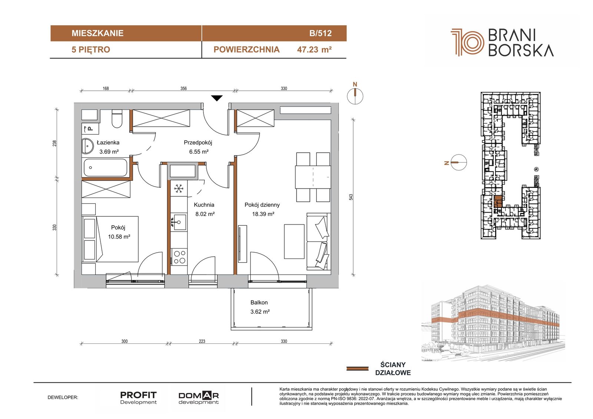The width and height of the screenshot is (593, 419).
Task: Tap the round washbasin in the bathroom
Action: click(87, 146)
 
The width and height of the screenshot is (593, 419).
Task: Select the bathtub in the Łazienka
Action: click(105, 167)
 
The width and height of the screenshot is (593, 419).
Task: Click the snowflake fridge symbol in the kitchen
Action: click(179, 189)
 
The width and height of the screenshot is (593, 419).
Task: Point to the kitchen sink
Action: click(179, 222)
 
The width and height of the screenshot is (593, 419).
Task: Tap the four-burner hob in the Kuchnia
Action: click(179, 257)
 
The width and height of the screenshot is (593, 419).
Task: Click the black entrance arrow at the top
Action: click(217, 98)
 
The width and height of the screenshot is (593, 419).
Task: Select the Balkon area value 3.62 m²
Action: click(260, 312)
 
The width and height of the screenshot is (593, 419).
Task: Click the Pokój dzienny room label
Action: click(262, 205)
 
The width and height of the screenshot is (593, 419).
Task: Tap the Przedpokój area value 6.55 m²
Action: click(199, 152)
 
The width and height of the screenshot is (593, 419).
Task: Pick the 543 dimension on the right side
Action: click(351, 197)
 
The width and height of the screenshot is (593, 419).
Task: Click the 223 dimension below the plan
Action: click(202, 341)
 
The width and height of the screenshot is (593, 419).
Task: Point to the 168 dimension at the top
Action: click(106, 89)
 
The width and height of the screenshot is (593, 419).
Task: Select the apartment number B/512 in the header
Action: click(320, 33)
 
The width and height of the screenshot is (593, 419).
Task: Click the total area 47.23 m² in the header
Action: click(315, 50)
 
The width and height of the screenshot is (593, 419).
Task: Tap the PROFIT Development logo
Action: click(139, 398)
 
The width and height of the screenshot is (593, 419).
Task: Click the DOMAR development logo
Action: click(199, 398)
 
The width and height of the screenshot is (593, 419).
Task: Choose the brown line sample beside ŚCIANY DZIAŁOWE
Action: click(357, 369)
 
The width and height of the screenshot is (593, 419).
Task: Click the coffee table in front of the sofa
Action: click(294, 242)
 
